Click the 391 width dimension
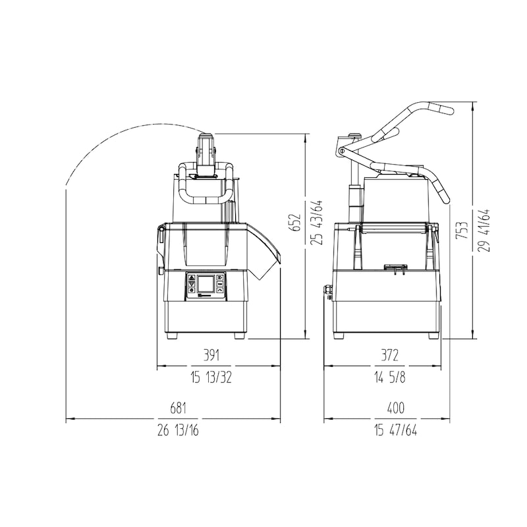coord(211,355)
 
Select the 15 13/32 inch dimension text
coord(211,377)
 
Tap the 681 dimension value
coord(178,408)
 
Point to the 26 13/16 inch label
coord(178,430)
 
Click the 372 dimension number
coord(389,355)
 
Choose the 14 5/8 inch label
coord(390,377)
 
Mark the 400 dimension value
coord(396,408)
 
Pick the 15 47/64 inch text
coord(396,430)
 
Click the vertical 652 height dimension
coord(295,222)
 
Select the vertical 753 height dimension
coord(462,230)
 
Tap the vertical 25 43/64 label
coord(317,222)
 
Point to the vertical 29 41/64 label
coord(484,230)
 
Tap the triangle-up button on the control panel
coord(192,277)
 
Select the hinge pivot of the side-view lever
coord(342,152)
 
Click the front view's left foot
coord(171,335)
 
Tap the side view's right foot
coord(433,335)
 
